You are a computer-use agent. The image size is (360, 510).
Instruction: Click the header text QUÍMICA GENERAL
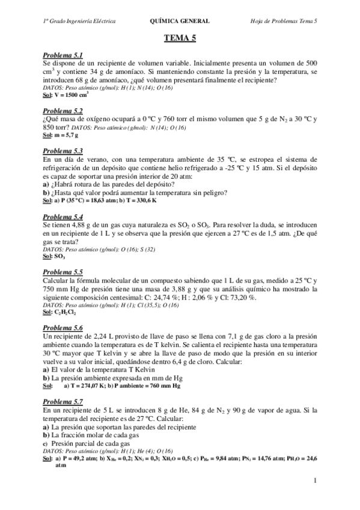click(180, 21)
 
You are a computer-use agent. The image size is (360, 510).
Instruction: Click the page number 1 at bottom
click(315, 481)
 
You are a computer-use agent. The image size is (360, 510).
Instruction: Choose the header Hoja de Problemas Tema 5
click(284, 21)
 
